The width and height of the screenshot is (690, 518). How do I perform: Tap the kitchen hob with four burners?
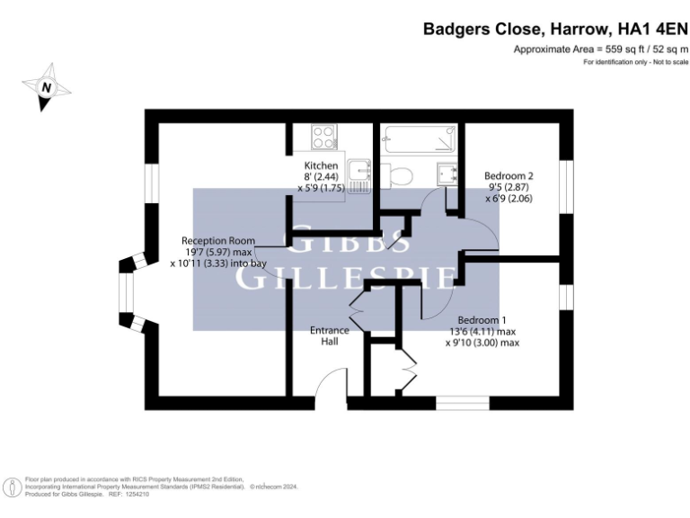[323, 137]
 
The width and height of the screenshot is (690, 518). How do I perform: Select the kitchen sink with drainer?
[360, 174]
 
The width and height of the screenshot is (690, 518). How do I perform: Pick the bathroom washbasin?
[446, 174]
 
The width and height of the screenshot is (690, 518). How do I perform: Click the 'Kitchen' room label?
[321, 165]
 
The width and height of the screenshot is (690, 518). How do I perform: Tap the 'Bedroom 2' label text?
[509, 175]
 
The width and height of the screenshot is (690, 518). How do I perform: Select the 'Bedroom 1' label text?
[482, 320]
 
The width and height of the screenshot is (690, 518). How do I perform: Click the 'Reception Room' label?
[218, 241]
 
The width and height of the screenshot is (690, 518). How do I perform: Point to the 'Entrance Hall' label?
[330, 335]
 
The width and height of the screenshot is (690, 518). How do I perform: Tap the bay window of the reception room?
[128, 296]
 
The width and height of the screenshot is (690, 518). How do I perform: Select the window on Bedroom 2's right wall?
[565, 188]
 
